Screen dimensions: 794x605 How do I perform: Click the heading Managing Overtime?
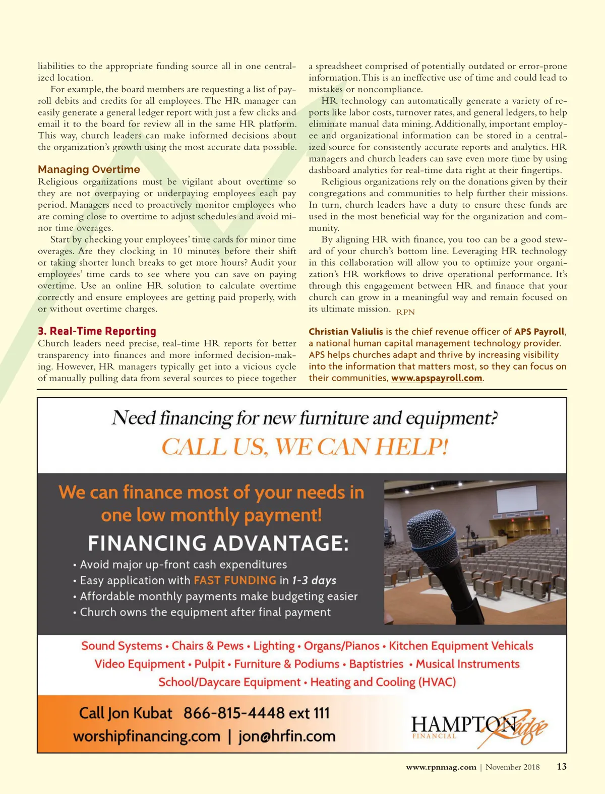click(x=89, y=169)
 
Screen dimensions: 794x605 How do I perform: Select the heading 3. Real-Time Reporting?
click(x=97, y=331)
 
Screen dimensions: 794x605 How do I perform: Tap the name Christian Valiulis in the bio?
click(x=346, y=332)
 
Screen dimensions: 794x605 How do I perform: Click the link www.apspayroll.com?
click(x=437, y=378)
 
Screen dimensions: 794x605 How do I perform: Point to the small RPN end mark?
click(x=405, y=312)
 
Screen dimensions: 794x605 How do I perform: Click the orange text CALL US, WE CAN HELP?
click(x=305, y=447)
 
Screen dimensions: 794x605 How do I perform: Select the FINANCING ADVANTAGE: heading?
click(x=218, y=543)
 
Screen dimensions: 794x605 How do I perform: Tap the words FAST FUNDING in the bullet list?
click(x=235, y=580)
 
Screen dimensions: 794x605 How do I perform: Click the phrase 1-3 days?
click(x=314, y=580)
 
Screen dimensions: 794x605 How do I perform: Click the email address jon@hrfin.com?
click(x=287, y=736)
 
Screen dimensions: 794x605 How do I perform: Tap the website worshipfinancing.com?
click(x=147, y=736)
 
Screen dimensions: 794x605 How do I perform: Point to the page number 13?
click(x=561, y=767)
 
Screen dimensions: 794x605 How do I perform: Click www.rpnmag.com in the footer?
click(x=441, y=767)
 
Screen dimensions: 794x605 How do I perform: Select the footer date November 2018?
click(x=512, y=767)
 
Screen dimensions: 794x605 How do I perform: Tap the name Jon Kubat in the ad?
click(x=140, y=713)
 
